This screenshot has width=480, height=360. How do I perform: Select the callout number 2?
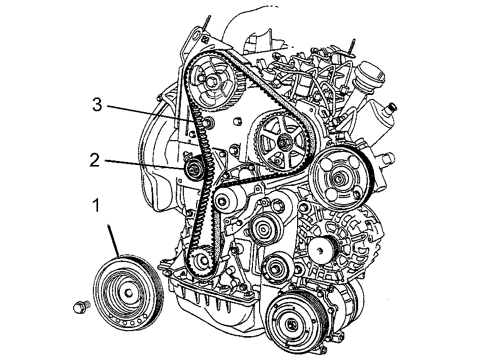pos(95,160)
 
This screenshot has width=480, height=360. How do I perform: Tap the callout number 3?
pos(97,105)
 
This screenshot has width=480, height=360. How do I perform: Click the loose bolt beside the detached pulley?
pos(82,306)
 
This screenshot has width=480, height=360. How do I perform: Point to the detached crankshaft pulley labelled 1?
pos(129,293)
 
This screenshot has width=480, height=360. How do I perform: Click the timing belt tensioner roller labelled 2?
pos(194,169)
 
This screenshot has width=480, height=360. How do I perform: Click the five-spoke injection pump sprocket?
pos(281,143)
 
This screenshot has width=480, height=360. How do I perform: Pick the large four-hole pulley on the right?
pos(339,178)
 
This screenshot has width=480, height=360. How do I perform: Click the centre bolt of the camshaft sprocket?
pos(212,82)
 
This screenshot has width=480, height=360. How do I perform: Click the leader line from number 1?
pos(113,240)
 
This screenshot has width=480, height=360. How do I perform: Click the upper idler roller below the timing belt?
pos(263,228)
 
